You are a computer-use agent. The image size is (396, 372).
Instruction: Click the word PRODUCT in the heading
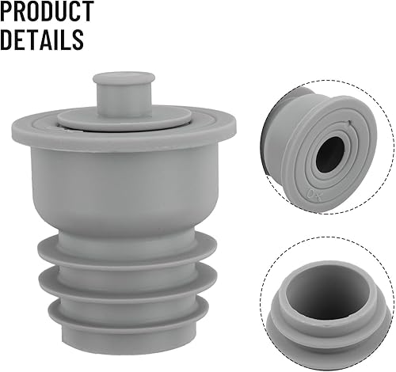point(47,11)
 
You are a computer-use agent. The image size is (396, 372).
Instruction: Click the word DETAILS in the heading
point(42,40)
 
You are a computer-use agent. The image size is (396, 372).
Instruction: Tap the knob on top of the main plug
point(124,93)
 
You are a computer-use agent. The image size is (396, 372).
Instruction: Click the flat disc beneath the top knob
point(124,118)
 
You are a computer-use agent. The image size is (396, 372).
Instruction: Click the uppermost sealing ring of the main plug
point(128,251)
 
